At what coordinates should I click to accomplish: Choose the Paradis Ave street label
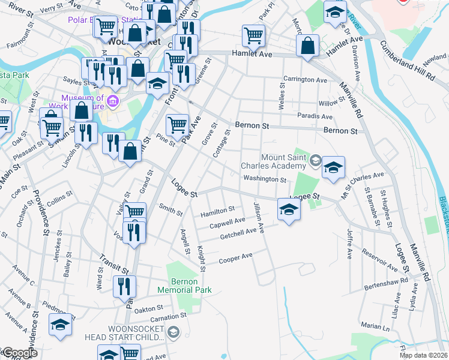tap(315, 116)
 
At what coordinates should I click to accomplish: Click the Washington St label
tap(265, 179)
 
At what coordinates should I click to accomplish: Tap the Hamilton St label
tap(217, 211)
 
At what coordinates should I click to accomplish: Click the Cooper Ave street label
tap(235, 258)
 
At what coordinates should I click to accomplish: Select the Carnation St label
tap(165, 317)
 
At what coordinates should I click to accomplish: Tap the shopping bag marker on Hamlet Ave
tap(308, 46)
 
